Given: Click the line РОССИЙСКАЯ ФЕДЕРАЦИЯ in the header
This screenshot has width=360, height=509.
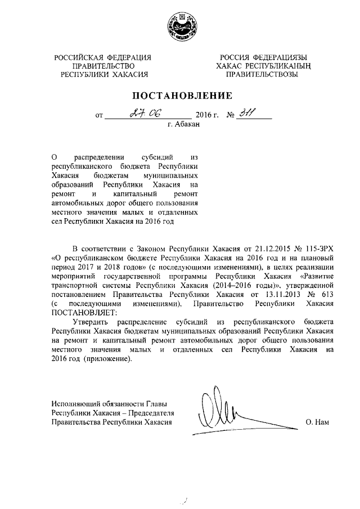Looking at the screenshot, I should (103, 57).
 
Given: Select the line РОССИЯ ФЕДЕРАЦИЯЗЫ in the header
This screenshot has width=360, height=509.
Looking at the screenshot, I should (263, 57).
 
